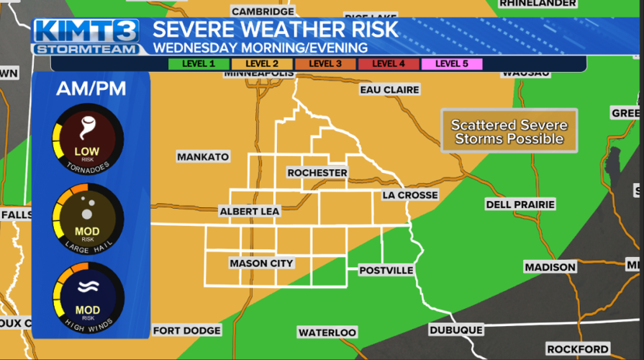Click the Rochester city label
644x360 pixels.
[317, 173]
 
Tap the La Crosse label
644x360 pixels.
[409, 195]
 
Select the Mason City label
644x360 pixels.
[261, 264]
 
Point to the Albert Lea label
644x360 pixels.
[250, 211]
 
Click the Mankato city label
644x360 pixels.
[203, 156]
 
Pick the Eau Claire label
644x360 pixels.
[389, 90]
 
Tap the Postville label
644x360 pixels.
[386, 270]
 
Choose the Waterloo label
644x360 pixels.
[327, 332]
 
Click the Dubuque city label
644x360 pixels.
[455, 330]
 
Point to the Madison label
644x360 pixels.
[550, 267]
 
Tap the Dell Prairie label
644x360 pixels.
[520, 204]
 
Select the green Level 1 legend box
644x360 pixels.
[199, 63]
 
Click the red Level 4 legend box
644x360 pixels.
[388, 63]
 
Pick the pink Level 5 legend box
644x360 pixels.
[451, 63]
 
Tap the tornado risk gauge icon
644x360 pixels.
[88, 140]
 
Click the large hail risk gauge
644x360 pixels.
[88, 220]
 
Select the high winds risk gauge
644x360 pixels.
[88, 299]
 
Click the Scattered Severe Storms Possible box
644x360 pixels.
[509, 131]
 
